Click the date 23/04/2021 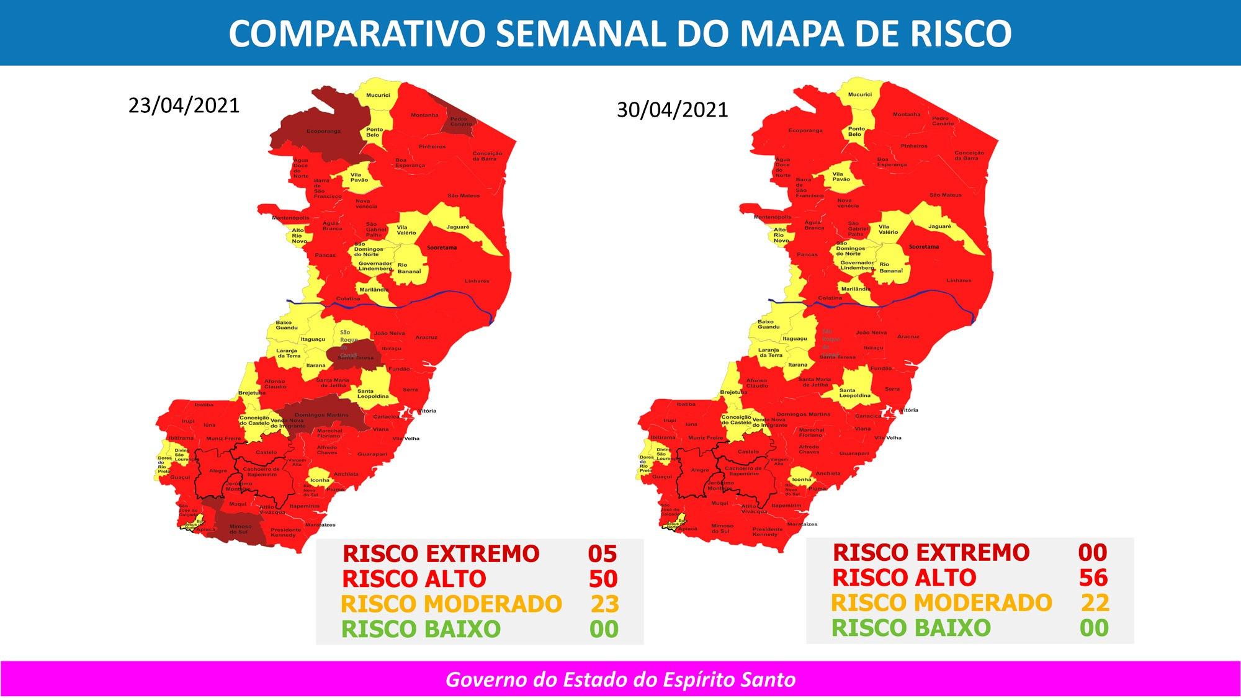pos(184,105)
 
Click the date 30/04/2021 pos(672,109)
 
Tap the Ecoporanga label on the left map pos(323,131)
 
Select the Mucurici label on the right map pos(860,94)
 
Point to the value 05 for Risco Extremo pos(603,553)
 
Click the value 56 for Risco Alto pos(1093,578)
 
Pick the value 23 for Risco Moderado pos(604,604)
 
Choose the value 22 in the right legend pos(1094,602)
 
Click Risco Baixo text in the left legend pos(421,629)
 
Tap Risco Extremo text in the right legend pos(931,552)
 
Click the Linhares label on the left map pos(477,281)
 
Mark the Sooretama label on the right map pos(923,247)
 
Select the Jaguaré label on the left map pos(458,227)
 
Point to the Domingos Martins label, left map pos(321,415)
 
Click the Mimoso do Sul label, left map pos(241,529)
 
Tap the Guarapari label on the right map pos(854,454)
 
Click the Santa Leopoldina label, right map pos(855,393)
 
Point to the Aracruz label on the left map pos(426,337)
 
